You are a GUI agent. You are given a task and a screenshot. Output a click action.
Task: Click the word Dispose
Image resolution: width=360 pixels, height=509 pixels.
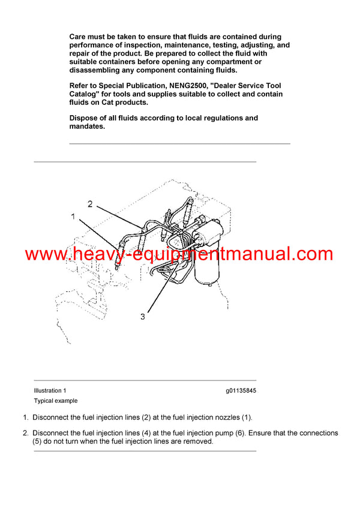coord(85,118)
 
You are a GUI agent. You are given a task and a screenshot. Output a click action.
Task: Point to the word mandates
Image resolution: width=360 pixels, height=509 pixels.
coord(87,127)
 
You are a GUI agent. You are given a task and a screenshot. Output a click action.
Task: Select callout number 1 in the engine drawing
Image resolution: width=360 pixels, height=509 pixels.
coord(73,216)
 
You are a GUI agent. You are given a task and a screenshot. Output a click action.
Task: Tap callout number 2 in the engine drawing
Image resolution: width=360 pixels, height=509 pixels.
coord(90,204)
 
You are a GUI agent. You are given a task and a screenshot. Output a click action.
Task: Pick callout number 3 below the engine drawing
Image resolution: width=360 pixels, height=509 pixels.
coord(142,317)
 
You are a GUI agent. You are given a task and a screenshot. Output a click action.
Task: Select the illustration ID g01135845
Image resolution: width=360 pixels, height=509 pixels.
coord(241,390)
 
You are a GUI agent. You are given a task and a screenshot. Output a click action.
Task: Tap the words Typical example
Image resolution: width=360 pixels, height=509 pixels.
coord(56,400)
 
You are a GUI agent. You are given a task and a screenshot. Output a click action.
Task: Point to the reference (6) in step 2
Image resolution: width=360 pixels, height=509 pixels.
coord(230,433)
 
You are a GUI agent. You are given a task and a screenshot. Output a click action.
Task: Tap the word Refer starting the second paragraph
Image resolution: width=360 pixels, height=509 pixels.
coord(80,86)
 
